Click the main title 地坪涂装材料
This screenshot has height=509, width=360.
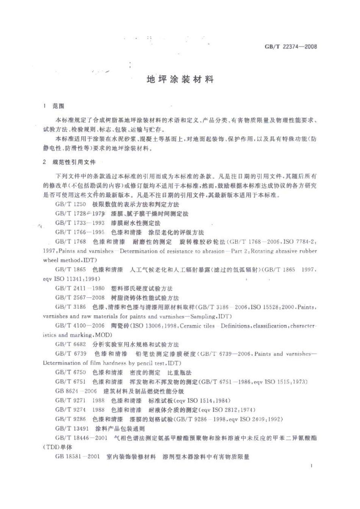[x=180, y=80]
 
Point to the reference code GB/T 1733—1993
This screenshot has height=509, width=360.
[x=80, y=223]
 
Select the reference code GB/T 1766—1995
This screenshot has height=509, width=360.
[x=80, y=232]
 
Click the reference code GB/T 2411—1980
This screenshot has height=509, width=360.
[x=80, y=288]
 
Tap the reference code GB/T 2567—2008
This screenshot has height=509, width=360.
[x=80, y=298]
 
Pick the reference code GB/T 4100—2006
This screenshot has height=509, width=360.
[x=80, y=326]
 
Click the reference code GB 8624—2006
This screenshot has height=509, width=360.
[x=76, y=391]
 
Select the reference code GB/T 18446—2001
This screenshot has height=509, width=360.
[x=81, y=438]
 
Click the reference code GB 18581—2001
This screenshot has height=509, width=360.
[x=78, y=457]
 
